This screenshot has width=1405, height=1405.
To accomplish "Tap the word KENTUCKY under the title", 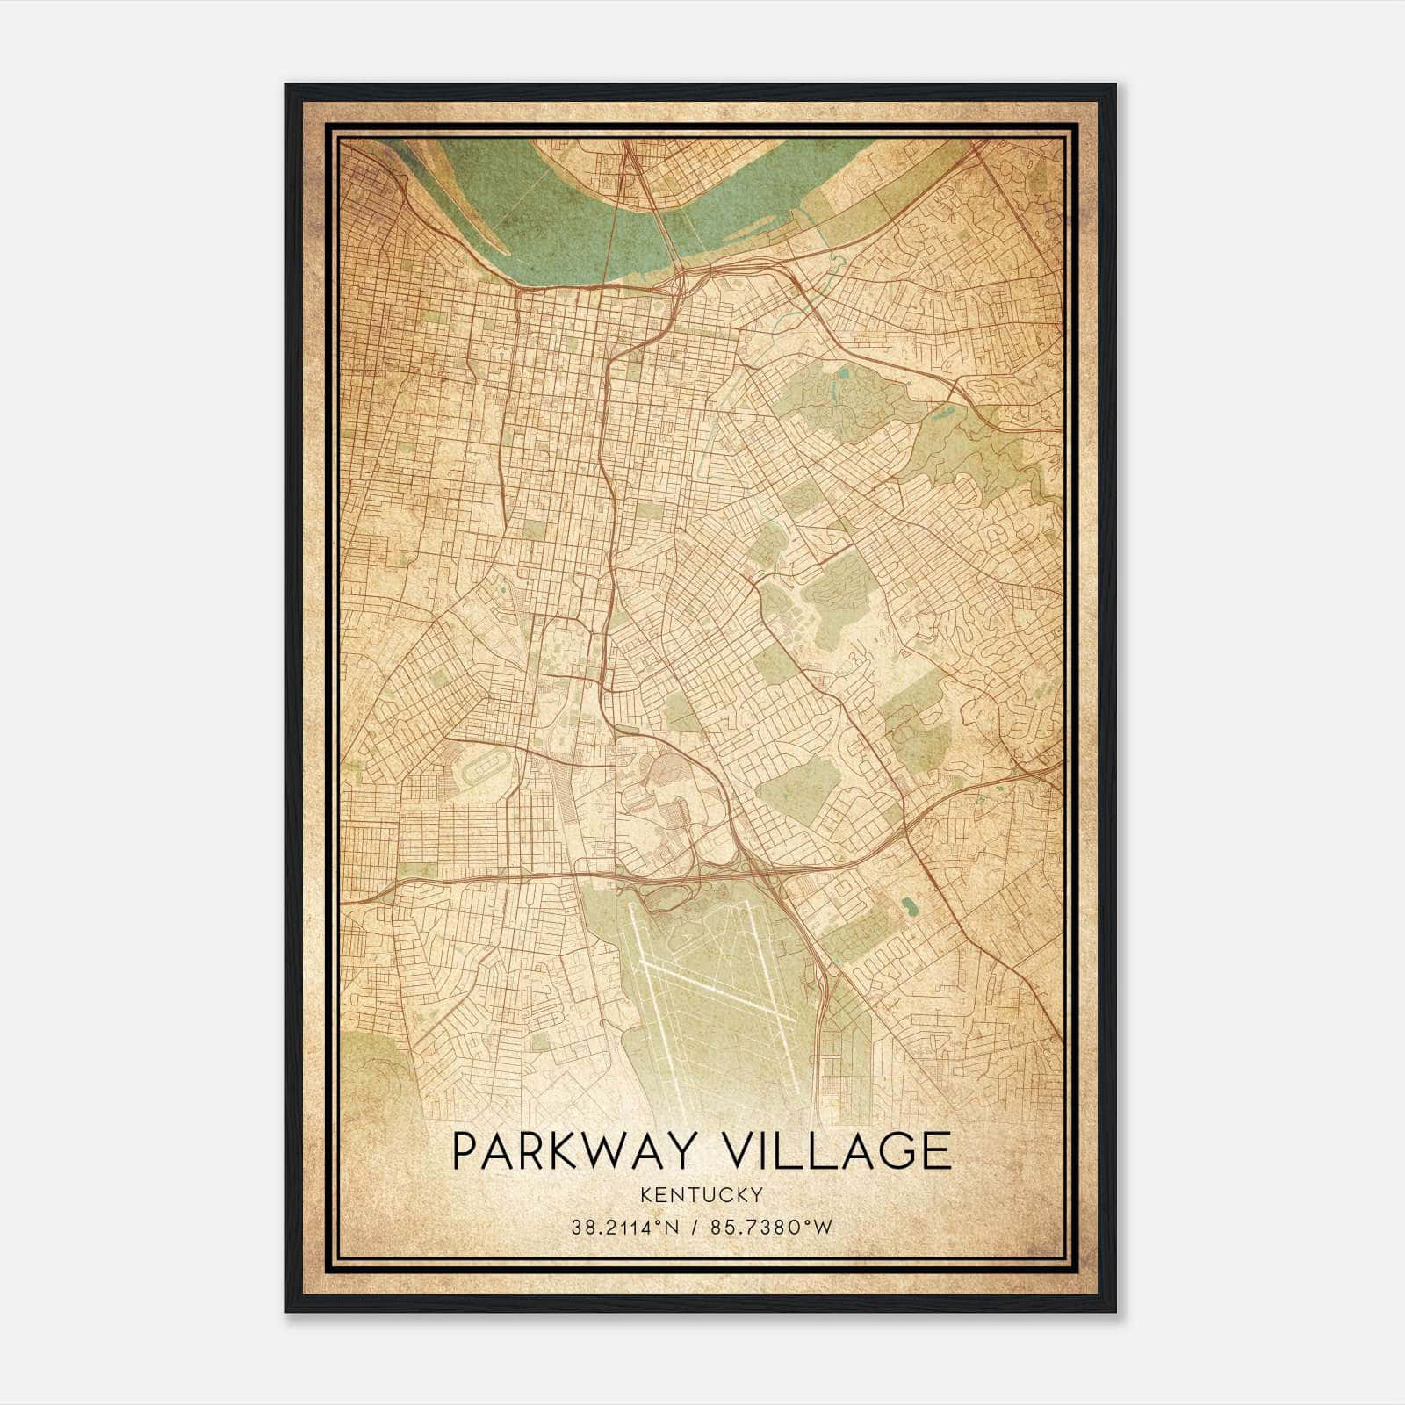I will click(x=702, y=1194).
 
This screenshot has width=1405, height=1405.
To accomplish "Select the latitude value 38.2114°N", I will click(x=624, y=1228).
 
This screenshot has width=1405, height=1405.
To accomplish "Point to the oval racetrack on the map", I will click(x=480, y=773).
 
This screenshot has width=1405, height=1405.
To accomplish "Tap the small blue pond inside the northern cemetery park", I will click(x=844, y=372).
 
